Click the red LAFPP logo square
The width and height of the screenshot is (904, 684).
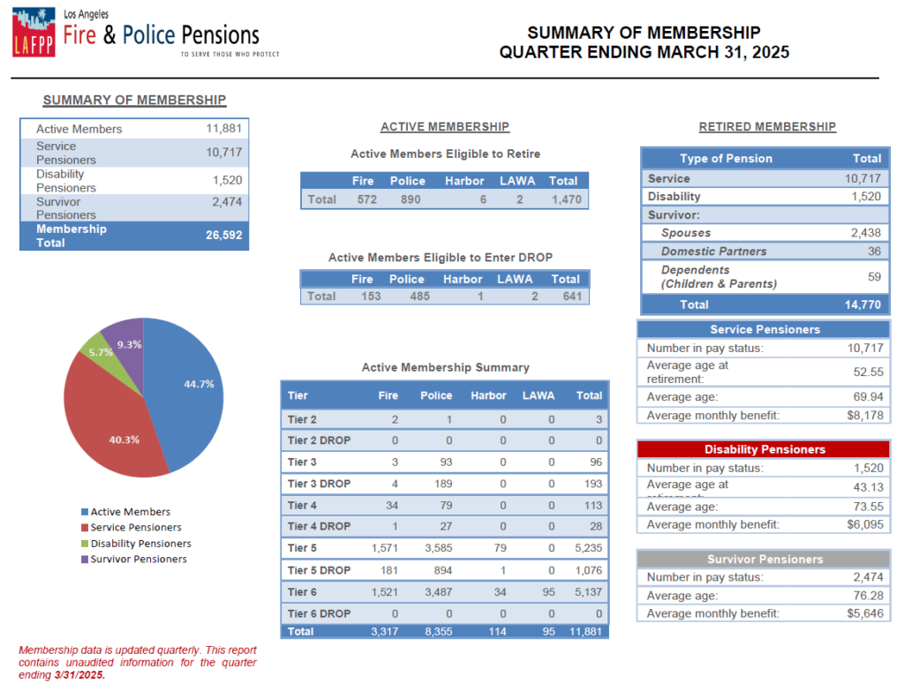point(34,33)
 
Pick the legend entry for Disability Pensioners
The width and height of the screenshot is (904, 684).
point(137,544)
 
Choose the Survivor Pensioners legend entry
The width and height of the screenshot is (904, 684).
point(134,559)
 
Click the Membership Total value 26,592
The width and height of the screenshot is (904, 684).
point(223,235)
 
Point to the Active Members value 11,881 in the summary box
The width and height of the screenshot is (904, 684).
point(223,128)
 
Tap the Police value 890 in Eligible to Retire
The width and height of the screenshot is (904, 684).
point(411,199)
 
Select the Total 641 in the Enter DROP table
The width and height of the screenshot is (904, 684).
point(572,297)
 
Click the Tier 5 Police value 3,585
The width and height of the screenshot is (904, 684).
point(439,548)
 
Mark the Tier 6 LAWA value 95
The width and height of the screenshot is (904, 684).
point(548,592)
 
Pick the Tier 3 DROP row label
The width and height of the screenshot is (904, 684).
point(319,484)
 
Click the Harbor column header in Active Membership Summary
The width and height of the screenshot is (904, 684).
point(488,395)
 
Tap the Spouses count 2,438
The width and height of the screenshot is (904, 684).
point(866,233)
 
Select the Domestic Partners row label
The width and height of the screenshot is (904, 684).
point(713,252)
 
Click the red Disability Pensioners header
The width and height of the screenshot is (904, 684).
point(764,449)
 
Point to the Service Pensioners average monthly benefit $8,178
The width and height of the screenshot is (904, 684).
point(865,416)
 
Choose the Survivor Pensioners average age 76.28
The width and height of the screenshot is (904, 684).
point(869,595)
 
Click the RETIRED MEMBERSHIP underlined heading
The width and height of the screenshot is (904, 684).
point(767,127)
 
